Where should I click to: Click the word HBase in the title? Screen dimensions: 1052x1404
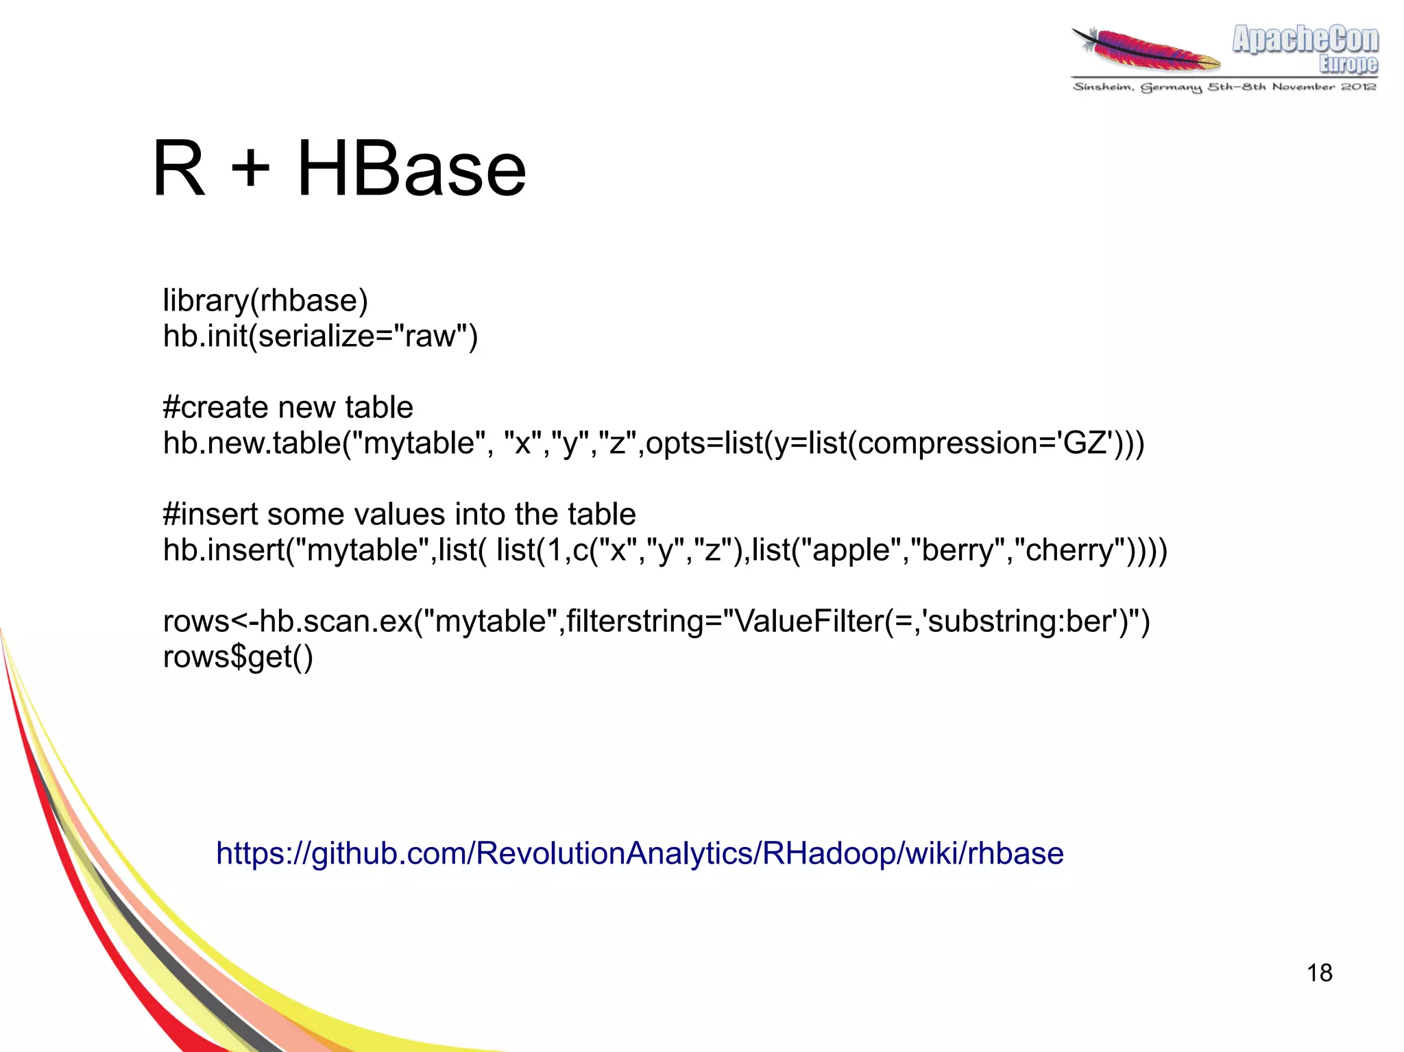pos(411,169)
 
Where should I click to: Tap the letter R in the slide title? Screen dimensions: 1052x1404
pos(178,169)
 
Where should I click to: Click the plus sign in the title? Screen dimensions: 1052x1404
pos(251,169)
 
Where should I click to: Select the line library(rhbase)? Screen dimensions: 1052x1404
pos(265,301)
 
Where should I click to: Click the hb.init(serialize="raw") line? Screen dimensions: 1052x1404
pos(320,337)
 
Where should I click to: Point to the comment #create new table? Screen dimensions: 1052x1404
pos(288,408)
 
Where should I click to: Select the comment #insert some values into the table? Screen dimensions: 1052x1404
pos(399,514)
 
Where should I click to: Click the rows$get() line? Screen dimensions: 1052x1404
pos(238,657)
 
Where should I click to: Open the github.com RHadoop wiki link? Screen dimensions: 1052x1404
pos(640,853)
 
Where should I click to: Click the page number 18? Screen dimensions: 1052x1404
pos(1319,973)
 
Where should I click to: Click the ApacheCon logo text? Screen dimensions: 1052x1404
pos(1305,39)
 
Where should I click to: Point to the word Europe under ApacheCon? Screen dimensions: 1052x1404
pos(1348,64)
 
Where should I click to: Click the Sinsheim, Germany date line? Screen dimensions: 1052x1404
pos(1224,87)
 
